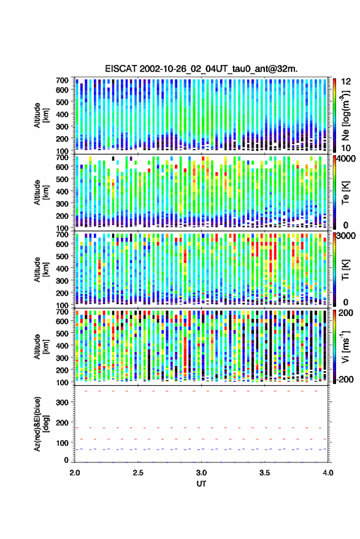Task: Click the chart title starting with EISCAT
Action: (201, 69)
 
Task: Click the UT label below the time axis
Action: (201, 484)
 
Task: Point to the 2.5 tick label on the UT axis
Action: (138, 473)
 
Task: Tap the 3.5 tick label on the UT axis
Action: (264, 473)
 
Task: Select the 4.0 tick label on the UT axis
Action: (327, 473)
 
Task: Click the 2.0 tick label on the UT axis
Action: (75, 473)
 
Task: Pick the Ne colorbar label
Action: (346, 115)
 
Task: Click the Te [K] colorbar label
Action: (345, 193)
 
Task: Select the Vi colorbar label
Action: (345, 346)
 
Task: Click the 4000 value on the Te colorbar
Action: (346, 159)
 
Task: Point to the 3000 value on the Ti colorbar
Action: (346, 236)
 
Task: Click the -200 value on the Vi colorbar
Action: (345, 380)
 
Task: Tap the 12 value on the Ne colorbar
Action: (347, 82)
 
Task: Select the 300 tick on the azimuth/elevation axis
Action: (62, 402)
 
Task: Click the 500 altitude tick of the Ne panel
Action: (62, 102)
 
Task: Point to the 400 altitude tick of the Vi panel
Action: (62, 346)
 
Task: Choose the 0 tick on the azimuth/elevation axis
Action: (66, 460)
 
